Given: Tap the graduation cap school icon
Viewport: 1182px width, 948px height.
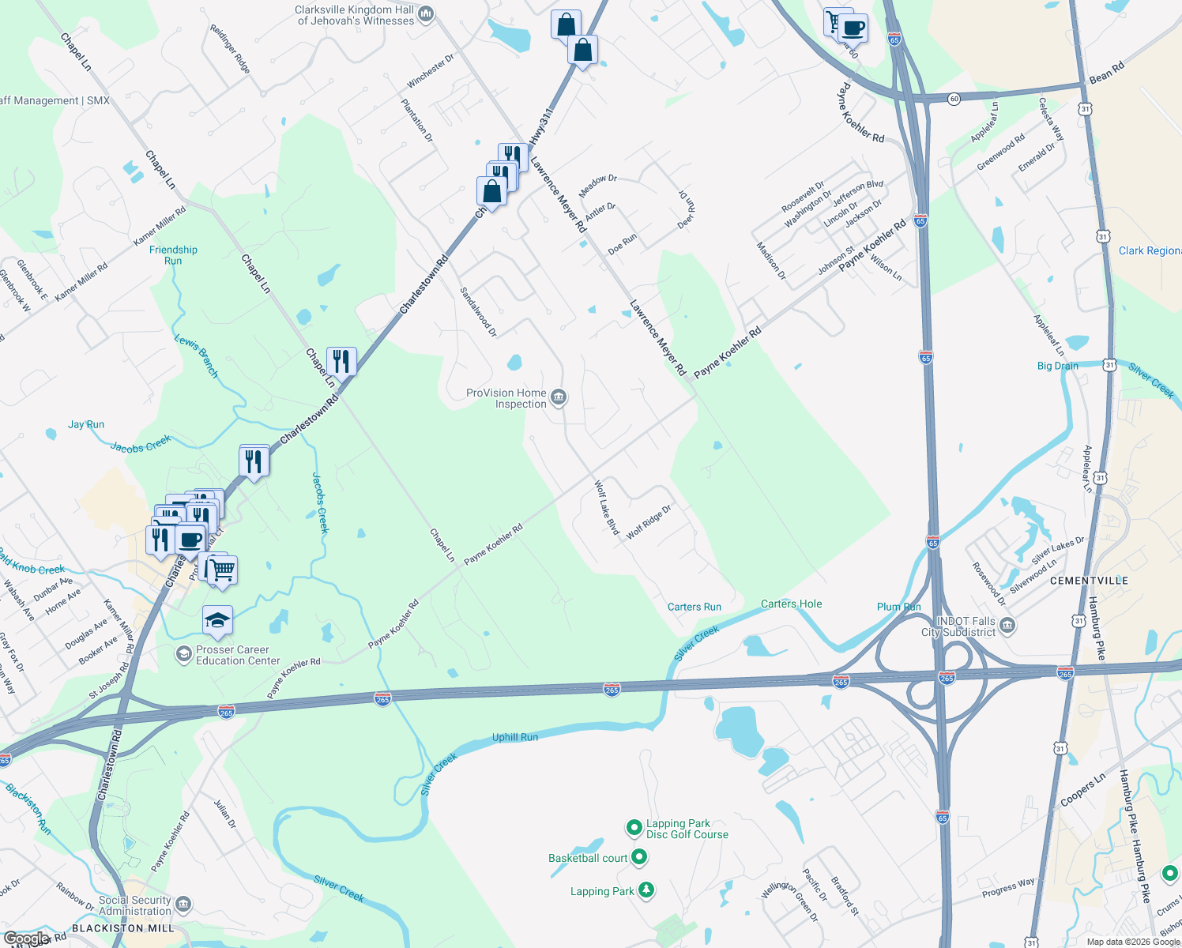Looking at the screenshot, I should coord(217,621).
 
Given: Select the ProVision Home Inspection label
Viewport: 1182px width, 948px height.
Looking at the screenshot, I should coord(506,398).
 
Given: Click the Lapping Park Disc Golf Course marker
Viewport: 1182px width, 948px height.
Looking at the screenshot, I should coord(634,828).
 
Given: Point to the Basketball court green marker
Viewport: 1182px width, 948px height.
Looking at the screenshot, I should coord(640,857).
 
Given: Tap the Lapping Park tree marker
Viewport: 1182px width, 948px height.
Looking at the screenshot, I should coord(646,890).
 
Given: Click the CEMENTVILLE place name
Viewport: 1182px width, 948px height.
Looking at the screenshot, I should coord(1089,581).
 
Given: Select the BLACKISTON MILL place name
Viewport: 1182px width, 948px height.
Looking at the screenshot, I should coord(122,928).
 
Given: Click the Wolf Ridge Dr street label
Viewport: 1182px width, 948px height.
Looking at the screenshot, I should coord(649,522).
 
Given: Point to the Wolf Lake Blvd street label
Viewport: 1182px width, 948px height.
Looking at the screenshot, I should coord(607,507).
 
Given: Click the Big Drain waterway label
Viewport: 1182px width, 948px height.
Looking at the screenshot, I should coord(1057,366).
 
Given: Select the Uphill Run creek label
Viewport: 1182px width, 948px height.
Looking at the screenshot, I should coord(515,737).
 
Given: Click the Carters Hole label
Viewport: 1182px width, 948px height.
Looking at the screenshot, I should coord(791,604).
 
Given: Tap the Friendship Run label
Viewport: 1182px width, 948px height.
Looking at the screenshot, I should coord(173,255).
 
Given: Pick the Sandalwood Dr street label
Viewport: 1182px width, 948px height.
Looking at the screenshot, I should coord(479,312).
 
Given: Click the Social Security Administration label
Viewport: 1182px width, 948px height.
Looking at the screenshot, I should coord(134,905).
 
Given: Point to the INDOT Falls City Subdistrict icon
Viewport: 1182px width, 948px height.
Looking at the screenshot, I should coord(1007,626).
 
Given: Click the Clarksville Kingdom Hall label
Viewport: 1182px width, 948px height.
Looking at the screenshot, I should coord(356,15).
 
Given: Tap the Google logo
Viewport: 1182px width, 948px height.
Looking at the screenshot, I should coord(25,939).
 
